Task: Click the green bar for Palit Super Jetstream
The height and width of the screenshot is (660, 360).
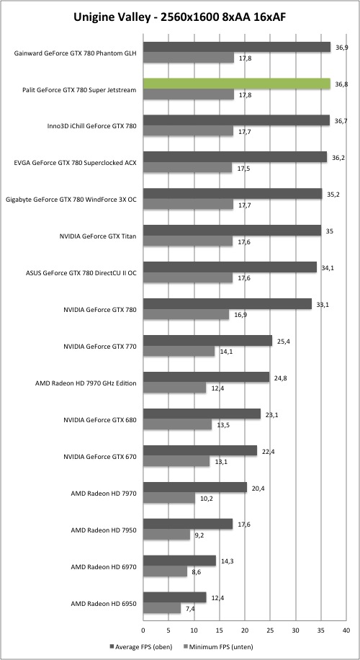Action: click(237, 84)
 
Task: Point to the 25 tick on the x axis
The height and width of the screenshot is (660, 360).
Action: click(270, 630)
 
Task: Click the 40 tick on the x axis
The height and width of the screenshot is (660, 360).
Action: click(346, 630)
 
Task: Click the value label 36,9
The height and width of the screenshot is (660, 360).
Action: click(342, 48)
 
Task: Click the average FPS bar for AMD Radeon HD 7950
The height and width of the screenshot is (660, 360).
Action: click(188, 524)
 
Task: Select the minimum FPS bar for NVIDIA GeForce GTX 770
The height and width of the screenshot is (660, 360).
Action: click(179, 351)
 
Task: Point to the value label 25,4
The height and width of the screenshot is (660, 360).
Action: click(284, 341)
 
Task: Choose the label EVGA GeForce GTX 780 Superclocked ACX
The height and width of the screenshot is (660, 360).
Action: click(76, 163)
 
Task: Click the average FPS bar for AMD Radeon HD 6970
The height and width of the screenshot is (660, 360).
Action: click(179, 561)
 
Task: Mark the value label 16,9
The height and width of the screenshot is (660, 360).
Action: click(241, 315)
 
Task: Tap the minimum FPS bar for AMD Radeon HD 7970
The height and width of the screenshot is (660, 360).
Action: click(169, 499)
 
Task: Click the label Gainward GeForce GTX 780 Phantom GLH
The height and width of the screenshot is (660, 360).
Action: click(76, 53)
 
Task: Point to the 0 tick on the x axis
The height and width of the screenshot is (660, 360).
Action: click(143, 630)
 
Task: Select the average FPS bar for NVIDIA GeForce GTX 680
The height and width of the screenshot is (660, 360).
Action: click(202, 414)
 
